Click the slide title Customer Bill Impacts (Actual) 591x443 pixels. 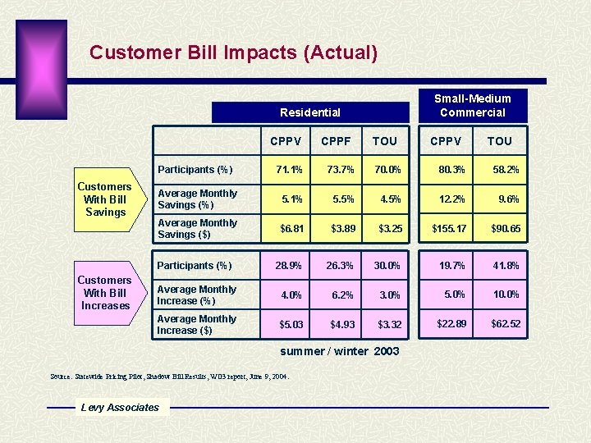[233, 53]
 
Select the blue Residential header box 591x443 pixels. [309, 112]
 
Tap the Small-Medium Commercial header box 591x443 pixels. [472, 105]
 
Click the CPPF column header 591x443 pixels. [336, 141]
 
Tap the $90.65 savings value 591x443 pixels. [505, 229]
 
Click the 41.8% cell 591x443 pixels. [505, 266]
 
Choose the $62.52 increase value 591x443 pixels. [505, 324]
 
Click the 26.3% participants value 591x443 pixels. [339, 266]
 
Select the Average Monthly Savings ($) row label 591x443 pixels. [197, 229]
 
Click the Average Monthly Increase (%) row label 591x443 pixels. [197, 295]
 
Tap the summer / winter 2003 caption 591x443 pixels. [340, 351]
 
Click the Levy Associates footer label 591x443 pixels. [120, 408]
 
